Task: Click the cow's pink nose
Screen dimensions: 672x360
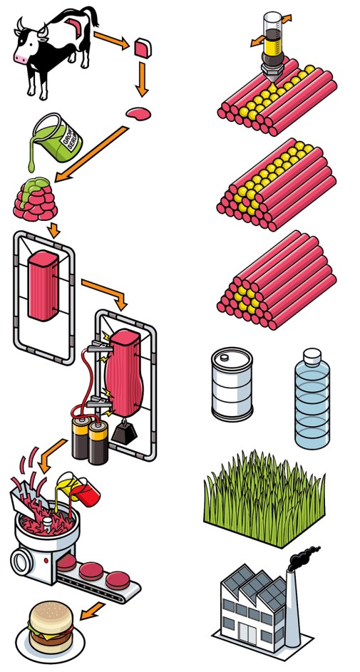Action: [x=22, y=58]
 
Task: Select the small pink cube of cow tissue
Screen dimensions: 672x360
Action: [x=143, y=47]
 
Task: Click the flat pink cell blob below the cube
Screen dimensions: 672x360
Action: [x=138, y=113]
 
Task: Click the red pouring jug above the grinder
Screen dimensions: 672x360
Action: [x=87, y=492]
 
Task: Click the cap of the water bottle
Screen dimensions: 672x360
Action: [x=312, y=356]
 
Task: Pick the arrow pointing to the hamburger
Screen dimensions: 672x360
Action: [x=94, y=611]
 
